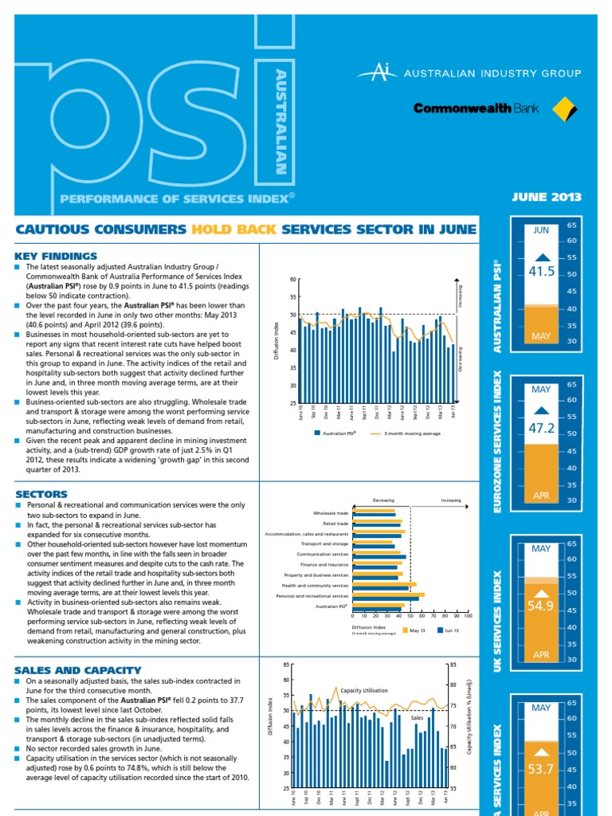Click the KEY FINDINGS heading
[56, 256]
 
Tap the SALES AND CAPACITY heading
[78, 670]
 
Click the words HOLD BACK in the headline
[233, 229]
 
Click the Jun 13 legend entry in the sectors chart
[449, 630]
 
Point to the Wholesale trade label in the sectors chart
[331, 513]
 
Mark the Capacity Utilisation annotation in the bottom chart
[364, 690]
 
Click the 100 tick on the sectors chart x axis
[468, 616]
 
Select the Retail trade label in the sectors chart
[335, 524]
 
